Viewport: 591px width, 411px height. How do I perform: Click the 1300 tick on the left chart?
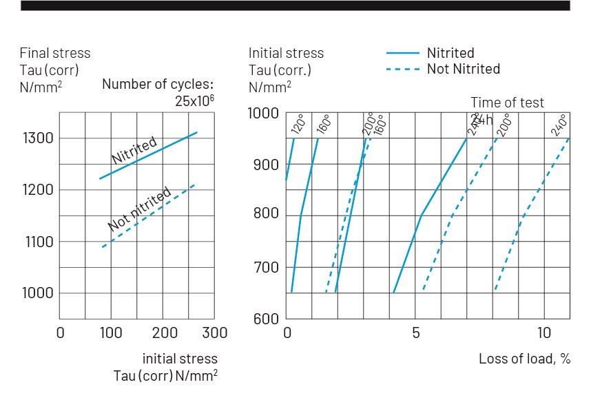pyautogui.click(x=37, y=138)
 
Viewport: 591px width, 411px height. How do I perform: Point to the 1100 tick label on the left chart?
pyautogui.click(x=37, y=242)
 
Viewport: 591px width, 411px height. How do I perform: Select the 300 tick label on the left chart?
pyautogui.click(x=215, y=333)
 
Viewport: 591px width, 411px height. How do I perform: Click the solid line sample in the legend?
pyautogui.click(x=402, y=53)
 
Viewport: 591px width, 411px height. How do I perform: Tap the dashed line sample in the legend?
pyautogui.click(x=402, y=69)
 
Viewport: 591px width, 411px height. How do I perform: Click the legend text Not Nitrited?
pyautogui.click(x=463, y=69)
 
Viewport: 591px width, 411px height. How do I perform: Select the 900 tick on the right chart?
pyautogui.click(x=266, y=165)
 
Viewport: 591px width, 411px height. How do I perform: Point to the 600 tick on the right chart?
pyautogui.click(x=266, y=319)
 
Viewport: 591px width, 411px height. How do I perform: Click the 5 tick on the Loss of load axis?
pyautogui.click(x=416, y=333)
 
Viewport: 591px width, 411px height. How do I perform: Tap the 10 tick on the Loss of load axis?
pyautogui.click(x=544, y=333)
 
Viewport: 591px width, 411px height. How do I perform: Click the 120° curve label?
pyautogui.click(x=298, y=125)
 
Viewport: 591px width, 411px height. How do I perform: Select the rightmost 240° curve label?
pyautogui.click(x=558, y=123)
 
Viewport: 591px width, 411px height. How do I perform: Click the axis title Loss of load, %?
pyautogui.click(x=524, y=359)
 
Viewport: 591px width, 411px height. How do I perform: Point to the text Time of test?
pyautogui.click(x=507, y=103)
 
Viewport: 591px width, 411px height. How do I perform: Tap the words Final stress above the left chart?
pyautogui.click(x=55, y=53)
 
